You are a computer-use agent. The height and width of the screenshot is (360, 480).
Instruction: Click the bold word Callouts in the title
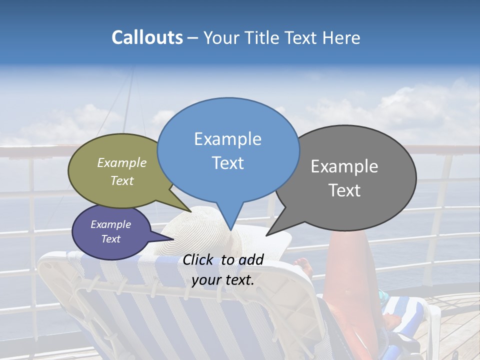coord(147,37)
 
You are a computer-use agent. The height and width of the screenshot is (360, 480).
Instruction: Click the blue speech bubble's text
coord(228,150)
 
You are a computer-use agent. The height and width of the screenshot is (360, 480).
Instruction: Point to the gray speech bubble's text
coord(344,178)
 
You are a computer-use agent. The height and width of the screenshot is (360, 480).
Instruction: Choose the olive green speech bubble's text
coord(122,171)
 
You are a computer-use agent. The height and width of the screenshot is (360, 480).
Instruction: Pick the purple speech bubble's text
coord(111,231)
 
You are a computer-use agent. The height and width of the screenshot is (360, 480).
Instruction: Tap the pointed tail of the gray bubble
coord(270,233)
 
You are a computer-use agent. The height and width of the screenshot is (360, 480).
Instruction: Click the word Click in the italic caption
coord(198,259)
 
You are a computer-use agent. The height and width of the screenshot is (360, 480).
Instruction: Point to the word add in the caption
coord(251,259)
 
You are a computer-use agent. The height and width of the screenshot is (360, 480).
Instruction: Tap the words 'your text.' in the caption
coord(223,279)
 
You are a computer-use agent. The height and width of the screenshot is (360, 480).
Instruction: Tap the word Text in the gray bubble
coord(344,190)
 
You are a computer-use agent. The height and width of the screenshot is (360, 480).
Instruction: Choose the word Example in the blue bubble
coord(228,138)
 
